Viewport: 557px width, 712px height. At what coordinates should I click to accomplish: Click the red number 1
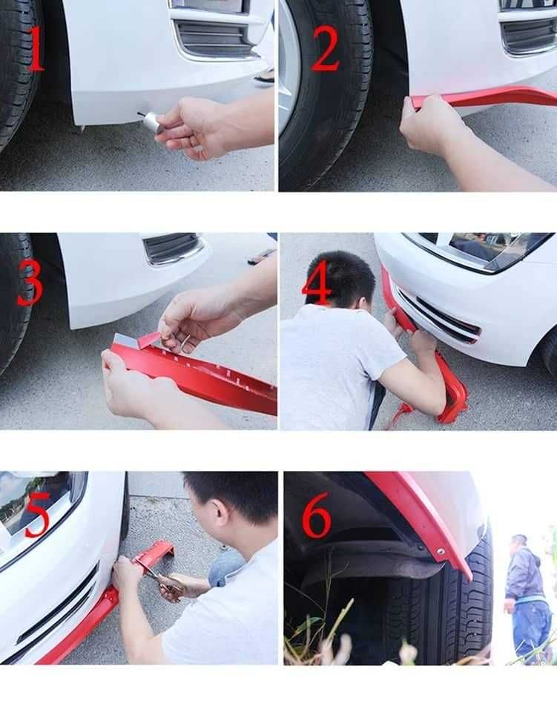click(x=37, y=49)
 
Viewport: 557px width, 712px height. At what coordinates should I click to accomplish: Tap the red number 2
click(x=326, y=48)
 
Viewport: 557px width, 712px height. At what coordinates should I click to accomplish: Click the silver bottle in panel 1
click(x=151, y=121)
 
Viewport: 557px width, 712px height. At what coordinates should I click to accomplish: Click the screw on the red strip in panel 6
click(x=440, y=551)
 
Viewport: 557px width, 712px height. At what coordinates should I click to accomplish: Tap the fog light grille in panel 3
click(x=171, y=248)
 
